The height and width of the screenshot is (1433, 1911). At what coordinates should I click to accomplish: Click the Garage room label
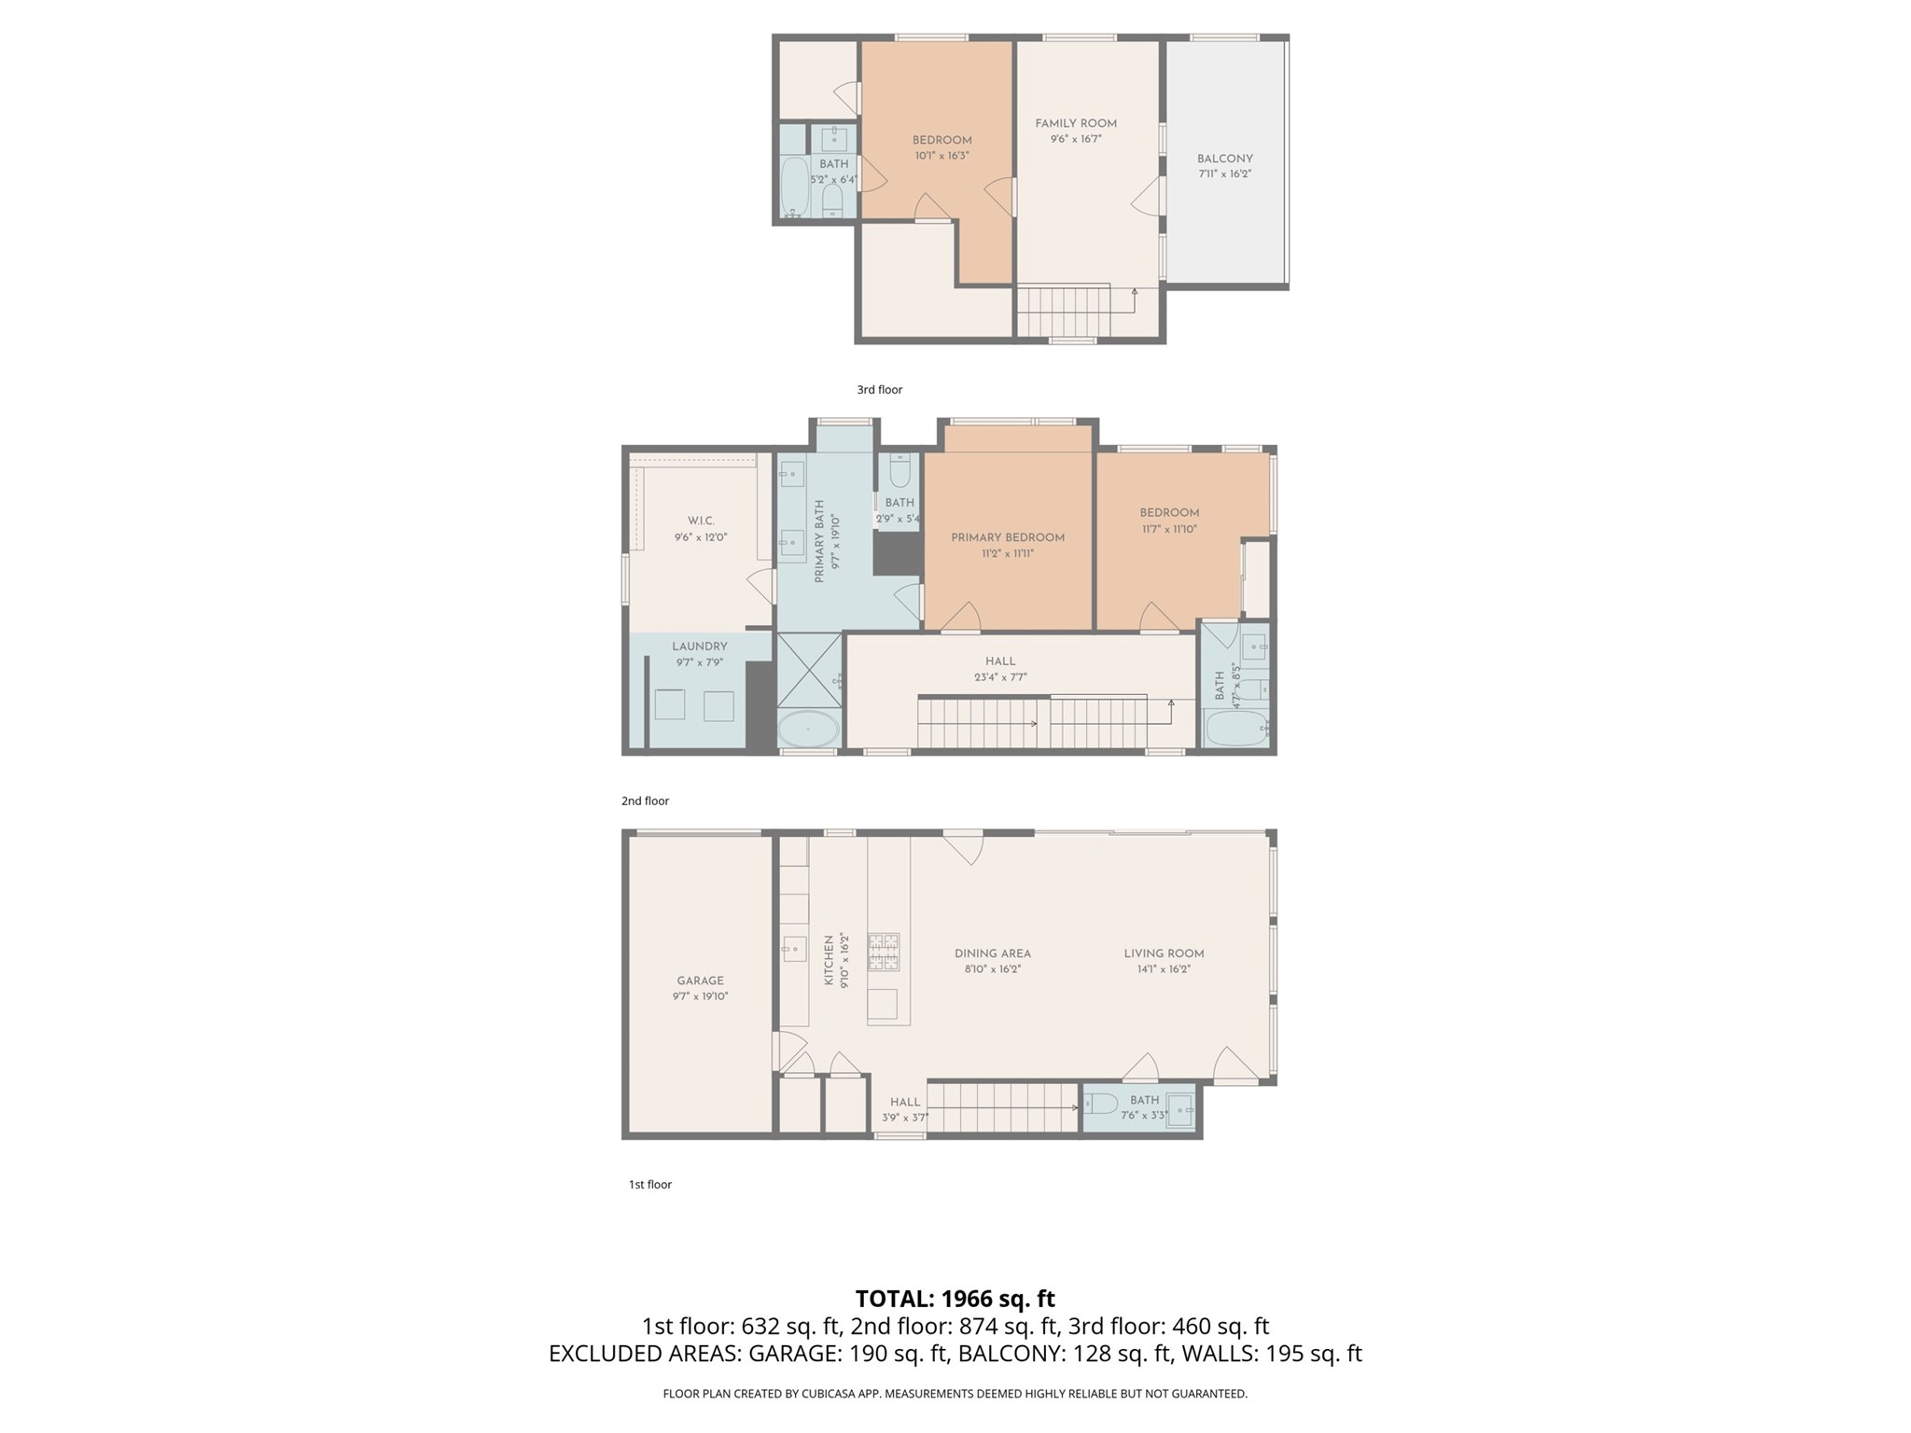tap(700, 981)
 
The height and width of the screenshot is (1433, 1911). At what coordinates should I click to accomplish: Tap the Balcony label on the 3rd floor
tap(1225, 159)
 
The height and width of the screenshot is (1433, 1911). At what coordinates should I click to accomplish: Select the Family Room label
tap(1076, 123)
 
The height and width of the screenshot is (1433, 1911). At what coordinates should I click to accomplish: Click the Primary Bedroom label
tap(1008, 537)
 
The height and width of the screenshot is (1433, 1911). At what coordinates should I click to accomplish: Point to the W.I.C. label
tap(701, 521)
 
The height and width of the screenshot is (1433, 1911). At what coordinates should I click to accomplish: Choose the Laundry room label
tap(700, 647)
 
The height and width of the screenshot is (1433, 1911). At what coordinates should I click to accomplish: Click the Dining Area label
tap(993, 953)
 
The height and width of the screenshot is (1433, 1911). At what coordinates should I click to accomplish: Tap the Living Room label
tap(1164, 953)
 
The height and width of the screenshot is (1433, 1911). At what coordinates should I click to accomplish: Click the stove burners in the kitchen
tap(884, 953)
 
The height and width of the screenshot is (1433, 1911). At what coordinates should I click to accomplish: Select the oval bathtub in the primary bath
tap(808, 730)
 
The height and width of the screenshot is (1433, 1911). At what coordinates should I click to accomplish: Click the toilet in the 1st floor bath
tap(1101, 1106)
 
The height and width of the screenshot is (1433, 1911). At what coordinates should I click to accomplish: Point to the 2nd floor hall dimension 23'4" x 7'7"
tap(1000, 677)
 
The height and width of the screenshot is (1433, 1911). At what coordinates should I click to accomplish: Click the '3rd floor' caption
tap(880, 390)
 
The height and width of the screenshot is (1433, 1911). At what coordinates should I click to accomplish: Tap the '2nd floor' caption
tap(646, 800)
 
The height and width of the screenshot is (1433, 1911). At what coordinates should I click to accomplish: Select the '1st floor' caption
tap(650, 1185)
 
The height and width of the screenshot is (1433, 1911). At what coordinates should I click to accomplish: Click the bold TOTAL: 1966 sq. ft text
tap(955, 1299)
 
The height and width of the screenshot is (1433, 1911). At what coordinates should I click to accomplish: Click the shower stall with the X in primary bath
tap(809, 671)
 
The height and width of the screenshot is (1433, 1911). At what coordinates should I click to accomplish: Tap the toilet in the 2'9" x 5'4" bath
tap(900, 471)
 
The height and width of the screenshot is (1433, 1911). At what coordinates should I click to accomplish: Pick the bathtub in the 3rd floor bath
tap(794, 187)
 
